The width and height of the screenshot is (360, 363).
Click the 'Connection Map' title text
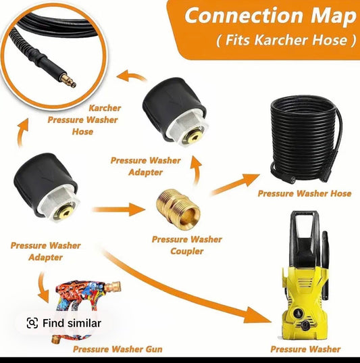(x=270, y=16)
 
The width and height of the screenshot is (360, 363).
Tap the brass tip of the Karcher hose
(x=68, y=80)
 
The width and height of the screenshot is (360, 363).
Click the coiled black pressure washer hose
(x=306, y=139)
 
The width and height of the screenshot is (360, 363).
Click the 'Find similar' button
(x=64, y=323)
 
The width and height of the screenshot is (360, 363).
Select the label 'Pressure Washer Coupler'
(x=187, y=245)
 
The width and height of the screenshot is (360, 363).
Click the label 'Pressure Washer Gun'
(x=118, y=349)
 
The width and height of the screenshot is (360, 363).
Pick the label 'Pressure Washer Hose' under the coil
(x=305, y=193)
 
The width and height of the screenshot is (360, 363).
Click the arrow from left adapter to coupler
(x=118, y=210)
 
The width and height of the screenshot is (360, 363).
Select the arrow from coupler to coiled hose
(x=235, y=184)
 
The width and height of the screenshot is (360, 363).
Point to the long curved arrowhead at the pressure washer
(x=257, y=315)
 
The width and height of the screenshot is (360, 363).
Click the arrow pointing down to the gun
(x=43, y=288)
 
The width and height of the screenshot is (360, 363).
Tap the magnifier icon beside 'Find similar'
(x=32, y=323)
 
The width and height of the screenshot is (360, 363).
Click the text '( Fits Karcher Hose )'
(x=286, y=40)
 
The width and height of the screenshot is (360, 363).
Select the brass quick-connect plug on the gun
(x=113, y=287)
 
